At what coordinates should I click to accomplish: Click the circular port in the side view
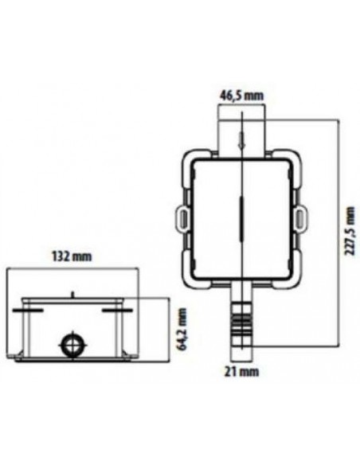pyautogui.click(x=72, y=344)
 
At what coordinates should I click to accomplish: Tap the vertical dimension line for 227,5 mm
pyautogui.click(x=334, y=239)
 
